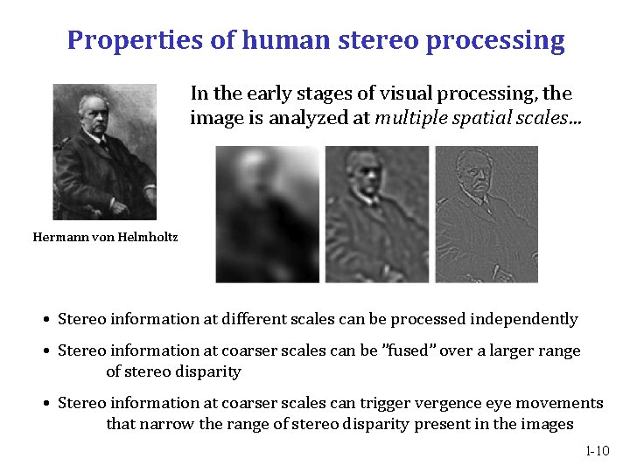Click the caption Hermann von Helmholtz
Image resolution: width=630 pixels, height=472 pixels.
(x=105, y=236)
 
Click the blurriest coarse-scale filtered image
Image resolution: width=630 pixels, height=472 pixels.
(x=269, y=214)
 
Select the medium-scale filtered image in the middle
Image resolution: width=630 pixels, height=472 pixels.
(x=377, y=214)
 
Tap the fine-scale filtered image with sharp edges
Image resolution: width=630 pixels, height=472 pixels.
(x=486, y=214)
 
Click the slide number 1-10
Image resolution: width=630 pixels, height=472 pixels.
(x=597, y=451)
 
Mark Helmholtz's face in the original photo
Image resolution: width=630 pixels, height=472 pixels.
(x=93, y=111)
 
